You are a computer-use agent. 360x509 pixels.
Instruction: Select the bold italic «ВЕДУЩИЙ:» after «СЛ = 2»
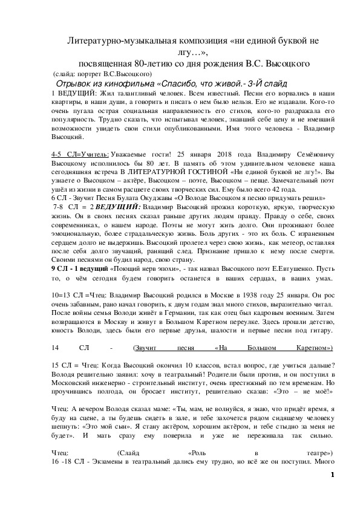point(117,207)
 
